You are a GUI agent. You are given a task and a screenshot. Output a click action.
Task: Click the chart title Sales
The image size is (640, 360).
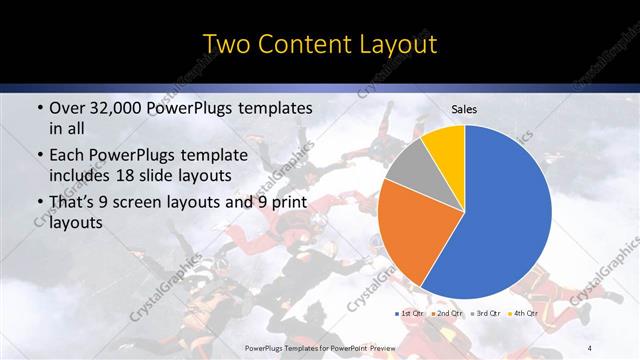pyautogui.click(x=464, y=108)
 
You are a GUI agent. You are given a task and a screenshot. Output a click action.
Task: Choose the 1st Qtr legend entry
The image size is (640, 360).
pyautogui.click(x=412, y=313)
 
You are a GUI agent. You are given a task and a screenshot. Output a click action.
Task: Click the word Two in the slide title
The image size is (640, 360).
pyautogui.click(x=227, y=45)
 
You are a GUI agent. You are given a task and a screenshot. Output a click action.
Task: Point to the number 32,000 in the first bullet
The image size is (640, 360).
pyautogui.click(x=120, y=107)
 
